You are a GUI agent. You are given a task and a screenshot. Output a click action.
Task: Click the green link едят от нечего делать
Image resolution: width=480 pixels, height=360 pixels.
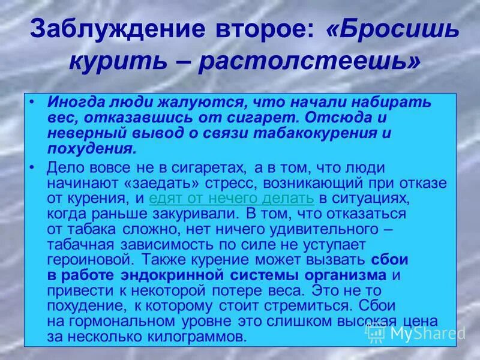(x=232, y=197)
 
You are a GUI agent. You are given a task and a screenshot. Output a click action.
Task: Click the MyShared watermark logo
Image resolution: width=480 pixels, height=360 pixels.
(x=416, y=332)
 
